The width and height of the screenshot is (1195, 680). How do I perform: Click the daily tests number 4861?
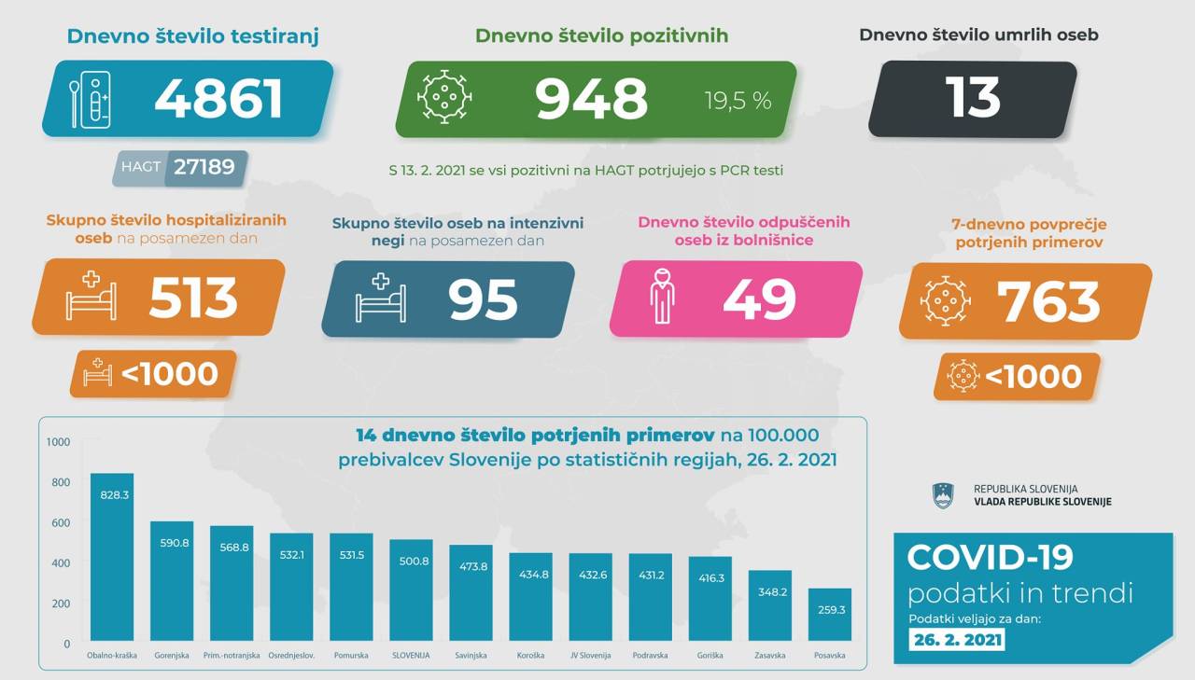tap(218, 99)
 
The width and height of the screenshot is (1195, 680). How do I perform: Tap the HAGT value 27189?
tap(205, 168)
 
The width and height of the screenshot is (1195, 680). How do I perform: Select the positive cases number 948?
tap(591, 99)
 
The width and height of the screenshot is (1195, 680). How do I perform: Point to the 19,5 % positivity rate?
tap(738, 101)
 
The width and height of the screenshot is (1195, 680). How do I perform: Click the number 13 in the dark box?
tap(973, 98)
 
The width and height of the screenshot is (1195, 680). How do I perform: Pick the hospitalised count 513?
tap(193, 298)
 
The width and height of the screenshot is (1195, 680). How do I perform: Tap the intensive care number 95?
tap(482, 299)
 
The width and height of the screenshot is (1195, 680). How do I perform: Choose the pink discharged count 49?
tap(759, 299)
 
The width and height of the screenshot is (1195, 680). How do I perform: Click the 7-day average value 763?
tap(1048, 300)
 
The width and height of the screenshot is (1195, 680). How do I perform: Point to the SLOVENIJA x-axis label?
tap(410, 656)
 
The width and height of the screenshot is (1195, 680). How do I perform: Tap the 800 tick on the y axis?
tap(61, 482)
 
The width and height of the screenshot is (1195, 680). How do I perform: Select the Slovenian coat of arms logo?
tap(944, 496)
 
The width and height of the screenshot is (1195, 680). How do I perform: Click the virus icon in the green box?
tap(443, 97)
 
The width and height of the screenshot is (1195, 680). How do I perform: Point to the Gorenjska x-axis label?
tap(171, 656)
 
